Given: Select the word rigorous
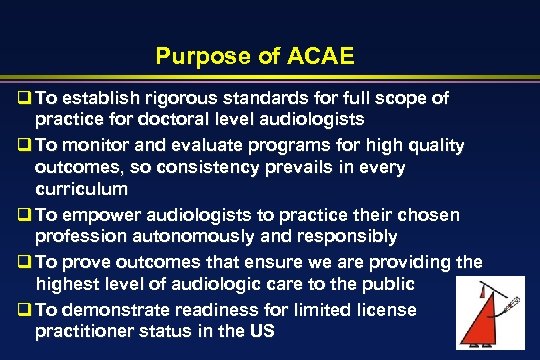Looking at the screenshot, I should click(151, 98).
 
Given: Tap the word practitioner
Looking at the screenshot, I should click(83, 332).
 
